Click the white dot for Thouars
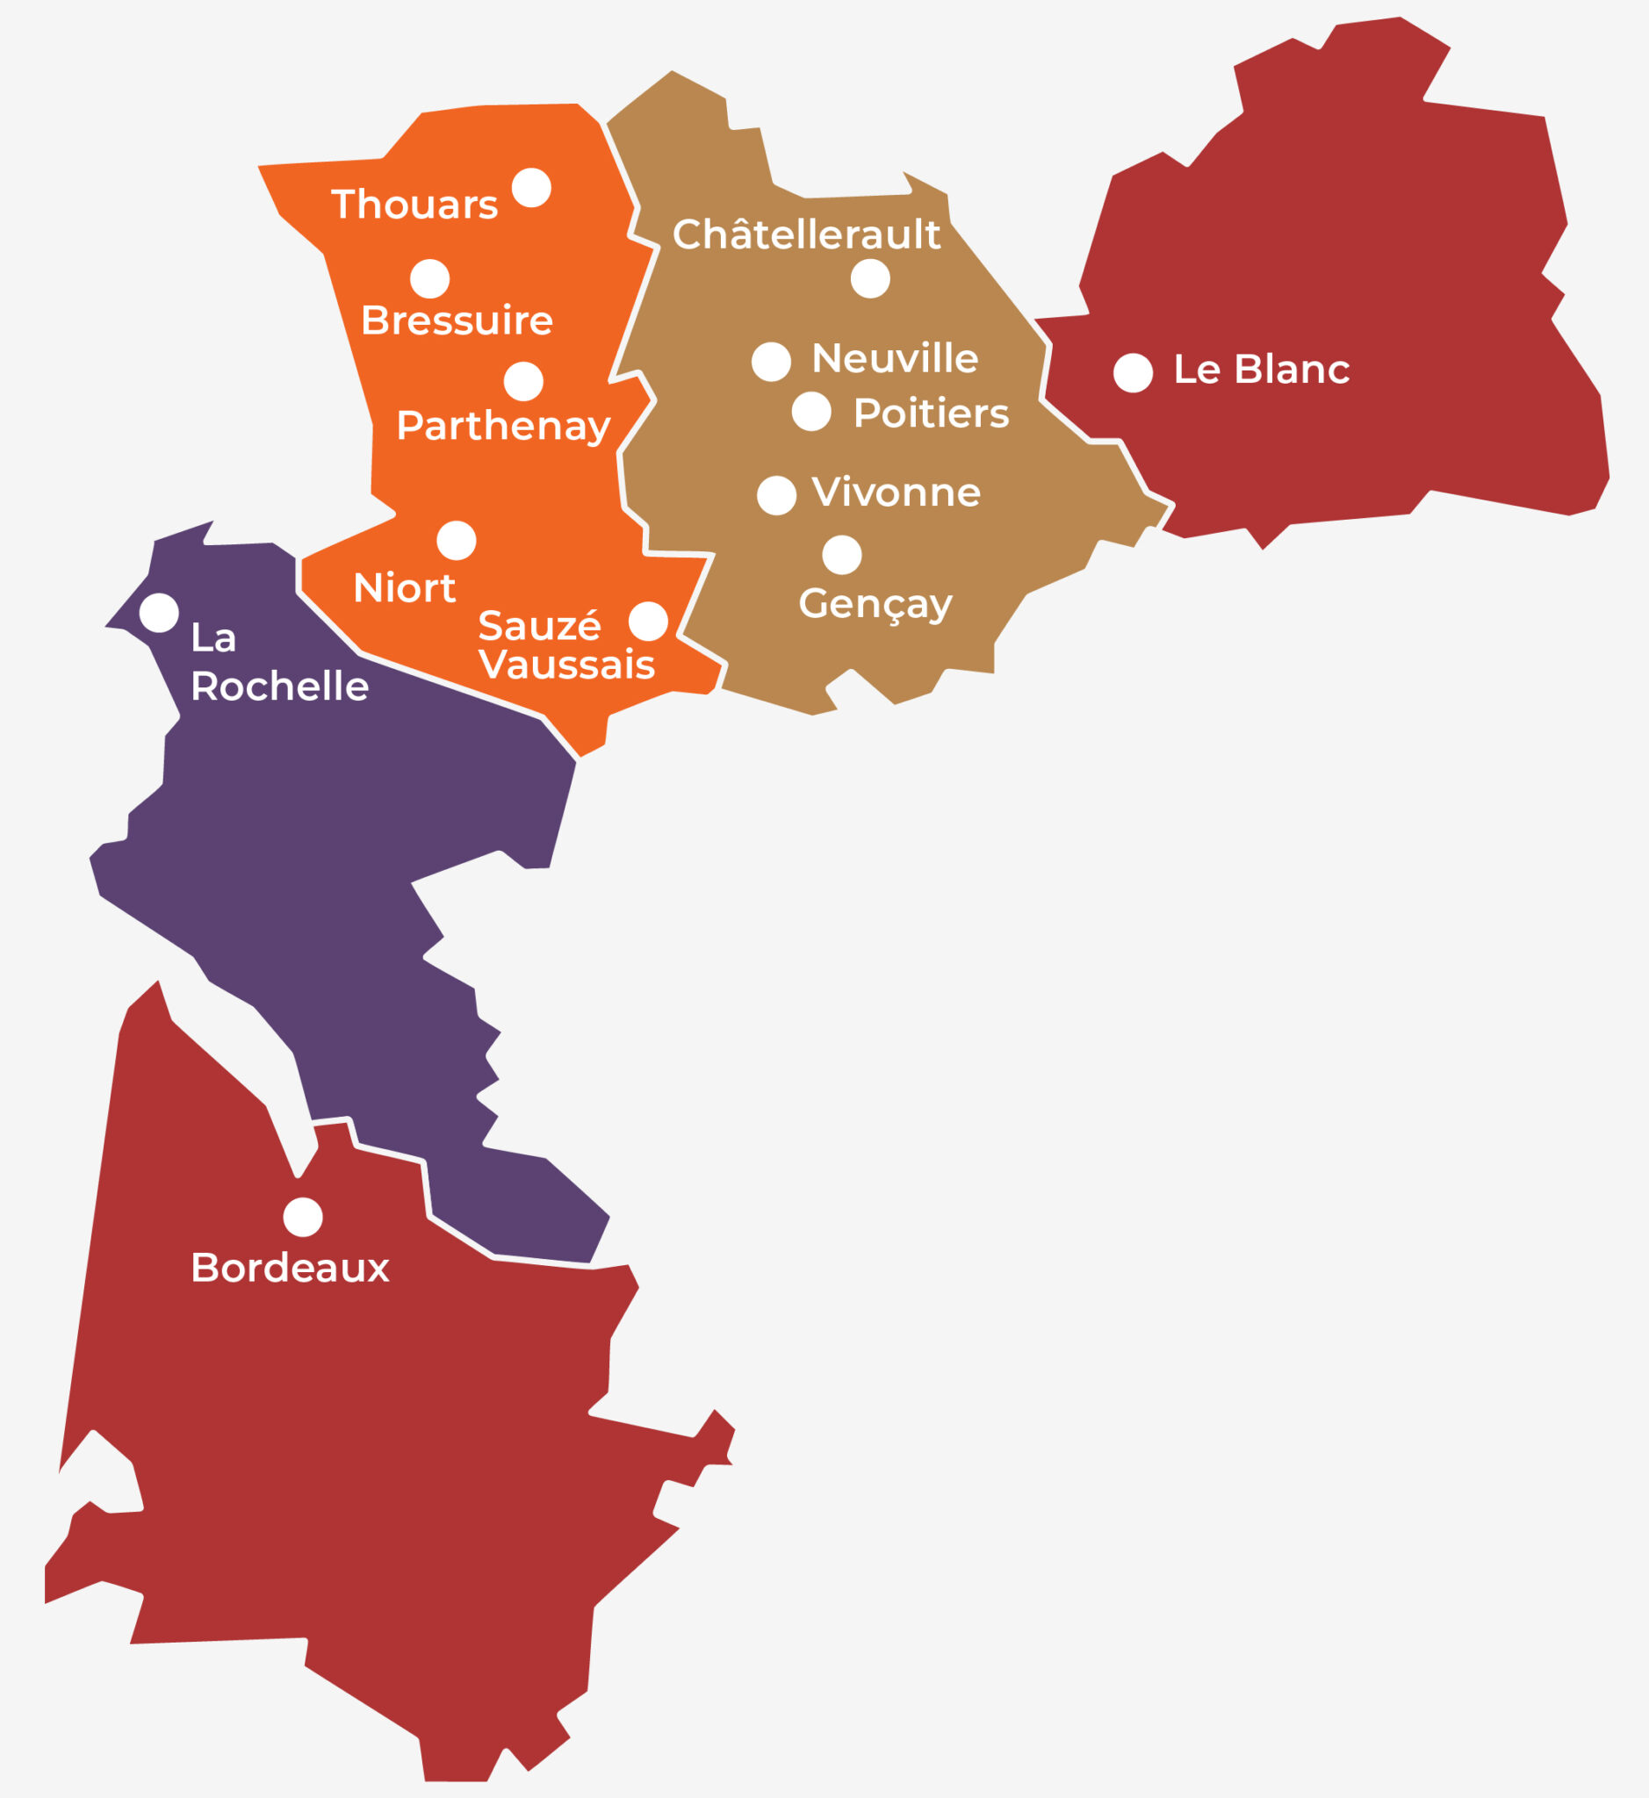531,187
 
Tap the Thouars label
414,205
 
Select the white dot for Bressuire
429,278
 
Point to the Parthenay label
503,426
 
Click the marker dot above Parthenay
523,381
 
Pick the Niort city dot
456,540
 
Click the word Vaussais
566,665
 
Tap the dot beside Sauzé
648,621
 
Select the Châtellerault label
806,234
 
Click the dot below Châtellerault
870,278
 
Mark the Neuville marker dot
771,362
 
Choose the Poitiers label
931,414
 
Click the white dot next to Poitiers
811,412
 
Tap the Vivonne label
896,492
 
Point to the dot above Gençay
841,555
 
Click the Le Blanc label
1261,370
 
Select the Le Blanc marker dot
1133,372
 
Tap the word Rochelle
279,687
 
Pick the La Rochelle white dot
159,612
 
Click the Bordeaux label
290,1268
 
